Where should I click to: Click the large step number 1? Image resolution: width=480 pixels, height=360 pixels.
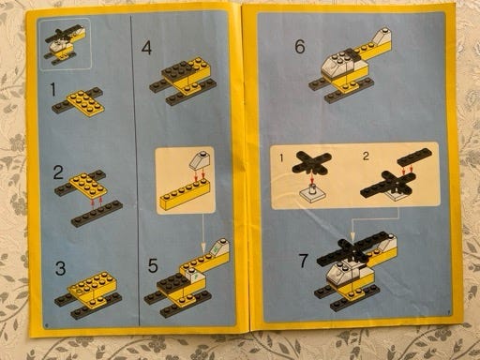53,89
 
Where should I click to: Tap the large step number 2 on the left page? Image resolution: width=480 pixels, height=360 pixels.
58,172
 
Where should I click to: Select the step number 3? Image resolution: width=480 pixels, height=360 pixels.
60,268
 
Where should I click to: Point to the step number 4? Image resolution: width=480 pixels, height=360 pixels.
146,48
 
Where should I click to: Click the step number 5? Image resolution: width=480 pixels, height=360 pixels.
153,265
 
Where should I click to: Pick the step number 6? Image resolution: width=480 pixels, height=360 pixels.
300,46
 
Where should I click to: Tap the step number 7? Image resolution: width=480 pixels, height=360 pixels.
304,261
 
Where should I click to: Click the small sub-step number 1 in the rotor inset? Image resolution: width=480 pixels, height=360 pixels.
281,157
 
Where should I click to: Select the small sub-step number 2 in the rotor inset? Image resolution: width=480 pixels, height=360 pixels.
366,156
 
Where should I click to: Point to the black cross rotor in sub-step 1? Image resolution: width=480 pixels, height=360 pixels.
311,162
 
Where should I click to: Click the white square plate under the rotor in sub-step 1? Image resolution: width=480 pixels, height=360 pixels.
313,195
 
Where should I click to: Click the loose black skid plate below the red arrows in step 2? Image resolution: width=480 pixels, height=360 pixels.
97,215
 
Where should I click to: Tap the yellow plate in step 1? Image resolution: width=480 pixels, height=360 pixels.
85,103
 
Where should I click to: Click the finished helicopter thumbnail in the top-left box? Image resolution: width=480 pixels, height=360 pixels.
65,43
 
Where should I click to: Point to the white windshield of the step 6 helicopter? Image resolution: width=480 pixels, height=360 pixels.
336,66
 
